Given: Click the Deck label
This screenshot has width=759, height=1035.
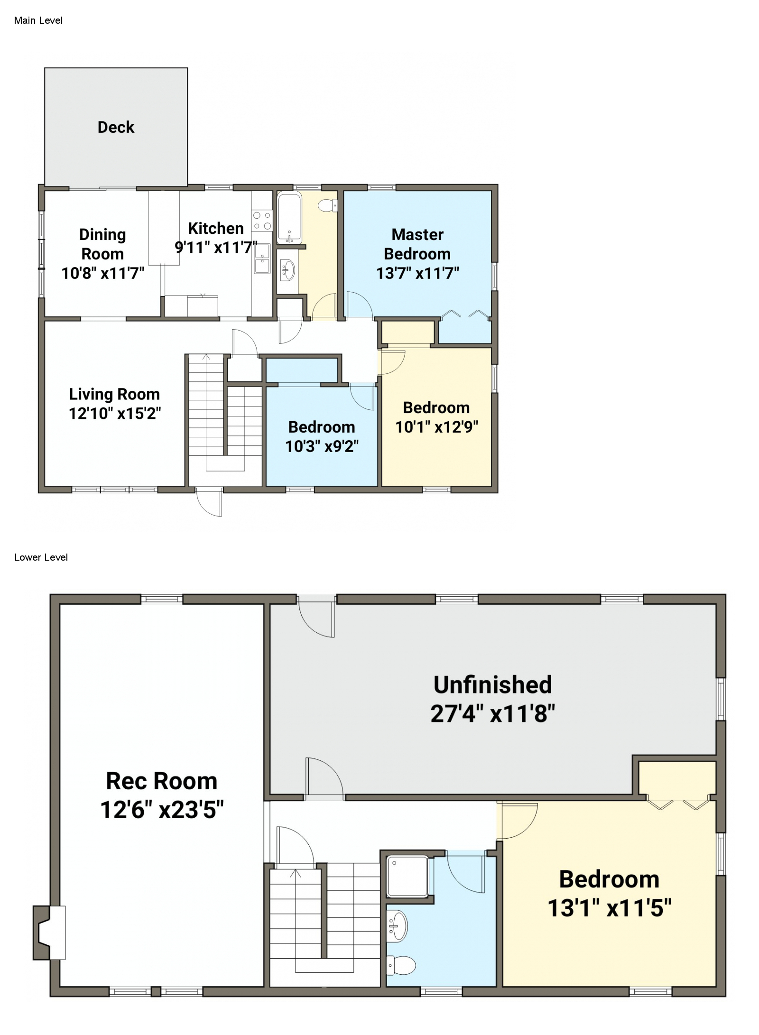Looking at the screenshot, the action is coord(116,127).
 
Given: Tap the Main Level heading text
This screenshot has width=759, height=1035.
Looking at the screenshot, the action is coord(38,20).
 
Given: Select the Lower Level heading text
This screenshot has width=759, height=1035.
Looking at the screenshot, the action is coord(41,557).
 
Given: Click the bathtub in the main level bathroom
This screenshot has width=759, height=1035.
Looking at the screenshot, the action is coord(289,218).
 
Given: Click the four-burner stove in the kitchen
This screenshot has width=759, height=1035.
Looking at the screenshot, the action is coord(262,221).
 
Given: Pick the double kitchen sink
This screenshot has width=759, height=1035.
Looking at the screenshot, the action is coord(262,259).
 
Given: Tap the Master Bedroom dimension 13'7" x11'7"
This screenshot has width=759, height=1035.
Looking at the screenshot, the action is coord(417,273).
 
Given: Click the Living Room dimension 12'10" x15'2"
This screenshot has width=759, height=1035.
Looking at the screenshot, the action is coord(115,414).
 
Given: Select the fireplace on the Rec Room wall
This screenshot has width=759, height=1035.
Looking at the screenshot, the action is coord(49,933).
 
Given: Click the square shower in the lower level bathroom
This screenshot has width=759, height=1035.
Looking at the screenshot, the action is coord(407,877).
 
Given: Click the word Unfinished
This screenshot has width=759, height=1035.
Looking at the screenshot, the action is coord(492,684).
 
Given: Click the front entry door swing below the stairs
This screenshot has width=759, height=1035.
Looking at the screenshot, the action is coord(209,501).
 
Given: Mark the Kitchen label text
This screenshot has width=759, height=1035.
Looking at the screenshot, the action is coord(216,228).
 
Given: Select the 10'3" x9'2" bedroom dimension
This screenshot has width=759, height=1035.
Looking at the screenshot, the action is coord(322,446).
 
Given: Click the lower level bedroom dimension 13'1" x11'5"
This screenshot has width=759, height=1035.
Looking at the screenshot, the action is coord(610,908).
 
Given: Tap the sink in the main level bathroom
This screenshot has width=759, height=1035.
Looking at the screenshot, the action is coord(288,270).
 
